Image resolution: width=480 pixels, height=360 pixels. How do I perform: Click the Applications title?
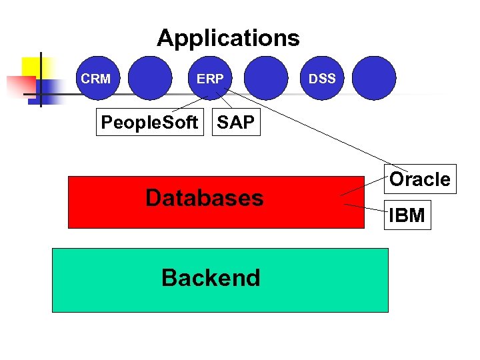point(228,38)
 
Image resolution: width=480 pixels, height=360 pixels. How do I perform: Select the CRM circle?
point(95,79)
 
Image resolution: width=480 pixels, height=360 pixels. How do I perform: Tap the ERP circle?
point(210,79)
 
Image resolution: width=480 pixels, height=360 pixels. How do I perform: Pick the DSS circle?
point(322,79)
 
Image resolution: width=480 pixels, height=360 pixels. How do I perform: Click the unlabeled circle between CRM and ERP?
point(149,78)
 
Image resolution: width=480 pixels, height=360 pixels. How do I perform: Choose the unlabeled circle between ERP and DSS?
point(265,78)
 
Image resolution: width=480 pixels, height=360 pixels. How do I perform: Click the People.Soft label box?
point(149,122)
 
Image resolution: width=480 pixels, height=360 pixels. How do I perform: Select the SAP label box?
point(235,122)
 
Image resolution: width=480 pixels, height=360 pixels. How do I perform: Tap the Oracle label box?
point(419,179)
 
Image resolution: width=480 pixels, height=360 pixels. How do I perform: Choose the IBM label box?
point(407,215)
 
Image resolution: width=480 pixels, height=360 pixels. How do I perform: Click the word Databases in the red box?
point(204,198)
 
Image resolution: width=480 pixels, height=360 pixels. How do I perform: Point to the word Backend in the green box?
point(211,277)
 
